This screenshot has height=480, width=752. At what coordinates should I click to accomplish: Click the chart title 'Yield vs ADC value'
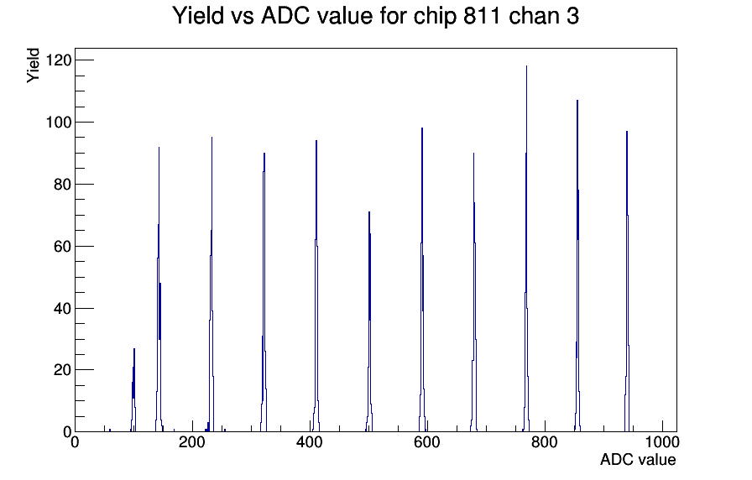[x=273, y=16]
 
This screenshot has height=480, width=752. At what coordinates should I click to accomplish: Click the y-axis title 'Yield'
[x=33, y=65]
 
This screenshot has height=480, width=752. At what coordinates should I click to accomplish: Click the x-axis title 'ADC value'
[x=638, y=459]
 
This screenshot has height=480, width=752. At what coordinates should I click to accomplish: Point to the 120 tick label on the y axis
[x=59, y=60]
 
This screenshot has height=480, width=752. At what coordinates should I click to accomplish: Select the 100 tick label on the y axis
[x=59, y=123]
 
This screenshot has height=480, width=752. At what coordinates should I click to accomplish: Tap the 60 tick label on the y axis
[x=62, y=247]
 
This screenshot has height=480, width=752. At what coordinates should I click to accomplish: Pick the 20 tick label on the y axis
[x=62, y=370]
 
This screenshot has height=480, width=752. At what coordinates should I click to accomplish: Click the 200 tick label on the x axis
[x=192, y=441]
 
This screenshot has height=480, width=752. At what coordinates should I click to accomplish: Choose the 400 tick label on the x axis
[x=310, y=441]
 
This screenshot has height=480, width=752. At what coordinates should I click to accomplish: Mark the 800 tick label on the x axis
[x=545, y=441]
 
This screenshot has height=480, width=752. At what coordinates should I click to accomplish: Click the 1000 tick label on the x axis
[x=662, y=441]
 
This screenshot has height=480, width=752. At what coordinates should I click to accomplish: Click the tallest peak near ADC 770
[x=526, y=248]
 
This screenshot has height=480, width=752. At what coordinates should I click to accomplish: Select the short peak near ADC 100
[x=133, y=390]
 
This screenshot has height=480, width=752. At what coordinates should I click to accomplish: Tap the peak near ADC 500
[x=369, y=321]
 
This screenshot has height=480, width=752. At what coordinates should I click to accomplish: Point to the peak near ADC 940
[x=627, y=281]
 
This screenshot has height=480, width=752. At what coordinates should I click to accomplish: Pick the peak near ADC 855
[x=577, y=266]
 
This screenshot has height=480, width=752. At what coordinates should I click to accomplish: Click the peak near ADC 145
[x=159, y=290]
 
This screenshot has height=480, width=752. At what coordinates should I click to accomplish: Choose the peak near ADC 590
[x=422, y=279]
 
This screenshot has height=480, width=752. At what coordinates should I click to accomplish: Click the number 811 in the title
[x=482, y=16]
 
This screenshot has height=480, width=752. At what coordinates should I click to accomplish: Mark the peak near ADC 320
[x=264, y=292]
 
